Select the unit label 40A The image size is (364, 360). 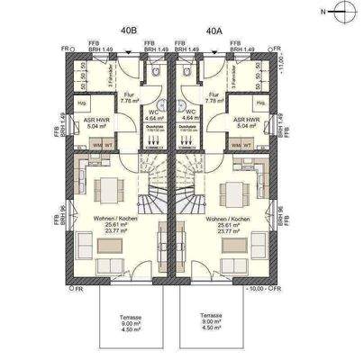pos(214,31)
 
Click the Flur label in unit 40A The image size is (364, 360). pos(214,97)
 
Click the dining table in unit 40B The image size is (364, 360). pos(111,190)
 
